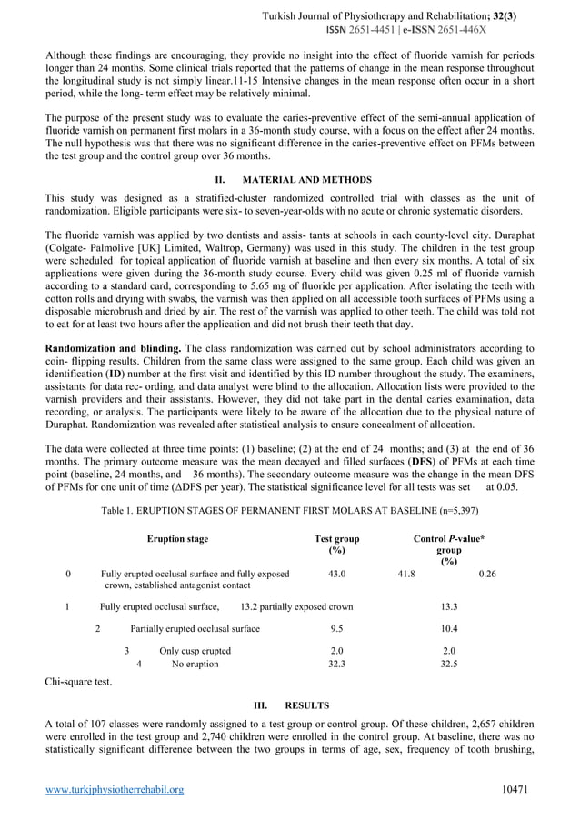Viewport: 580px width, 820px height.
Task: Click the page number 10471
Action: pos(518,790)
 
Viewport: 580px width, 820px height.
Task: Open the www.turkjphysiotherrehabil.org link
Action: pos(115,790)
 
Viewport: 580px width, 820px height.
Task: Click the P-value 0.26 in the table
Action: pos(487,575)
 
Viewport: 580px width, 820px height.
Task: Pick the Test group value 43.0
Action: pos(336,575)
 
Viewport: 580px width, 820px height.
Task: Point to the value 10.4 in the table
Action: pos(448,628)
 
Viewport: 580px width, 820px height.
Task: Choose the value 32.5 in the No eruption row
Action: pos(448,664)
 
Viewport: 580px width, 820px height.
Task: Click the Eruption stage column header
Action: pos(177,539)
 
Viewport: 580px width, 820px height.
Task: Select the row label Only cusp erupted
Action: pos(195,650)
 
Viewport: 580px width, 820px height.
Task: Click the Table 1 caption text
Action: pos(289,511)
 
